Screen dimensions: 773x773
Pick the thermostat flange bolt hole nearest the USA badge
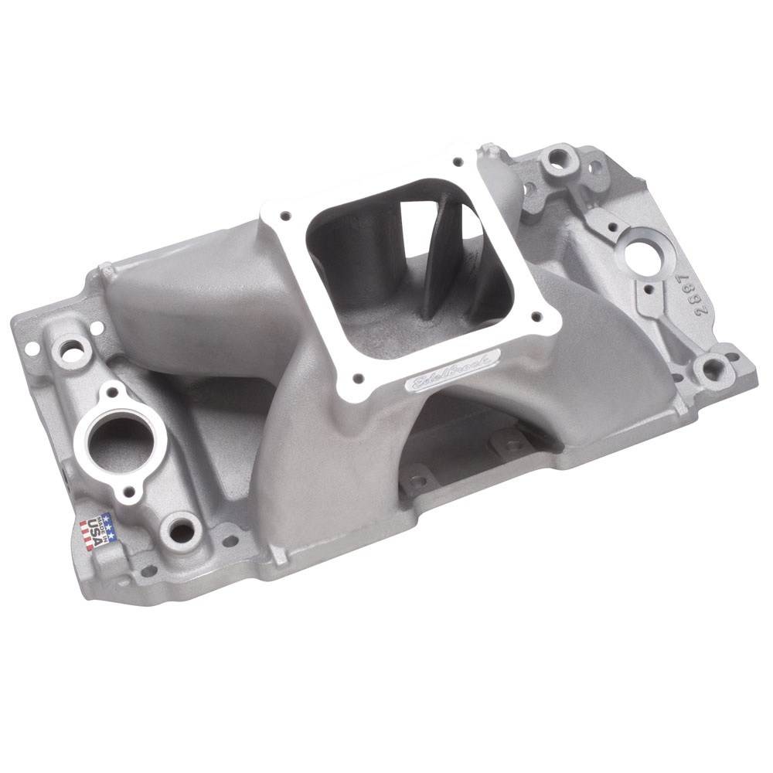tap(133, 492)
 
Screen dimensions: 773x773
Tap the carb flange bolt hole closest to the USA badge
tap(357, 378)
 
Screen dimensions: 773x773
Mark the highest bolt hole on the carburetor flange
tap(458, 162)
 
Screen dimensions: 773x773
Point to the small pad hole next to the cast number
tap(647, 290)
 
